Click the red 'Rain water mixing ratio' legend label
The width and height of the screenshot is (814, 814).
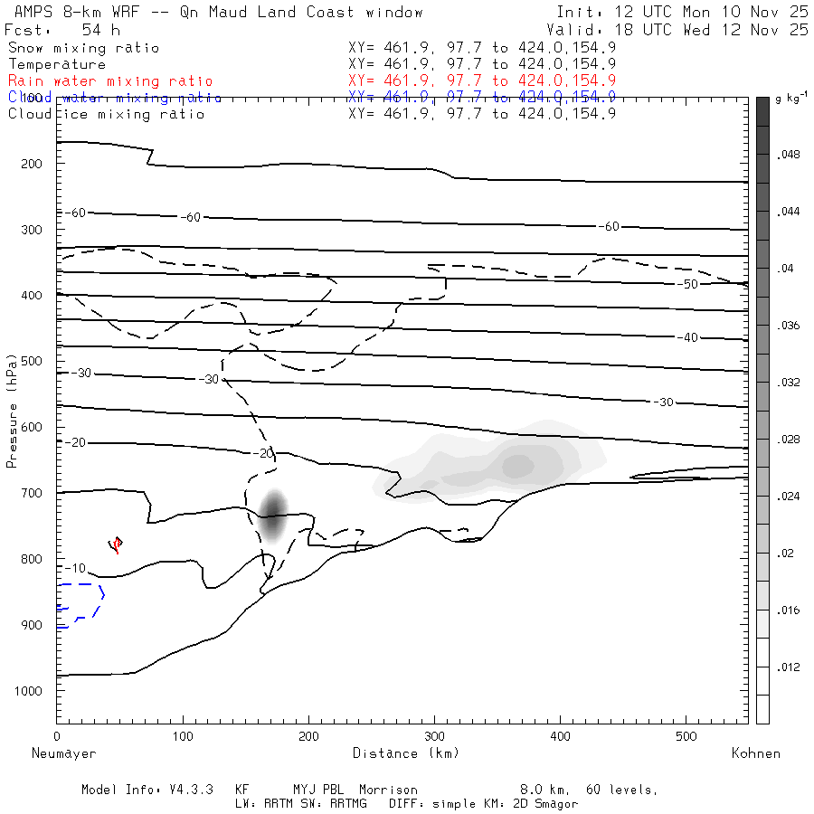(x=110, y=81)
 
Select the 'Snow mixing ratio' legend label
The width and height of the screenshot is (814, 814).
(x=84, y=48)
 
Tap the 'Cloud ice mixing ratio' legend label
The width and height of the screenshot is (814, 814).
(x=107, y=114)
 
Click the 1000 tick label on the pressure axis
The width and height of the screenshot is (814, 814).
(x=32, y=691)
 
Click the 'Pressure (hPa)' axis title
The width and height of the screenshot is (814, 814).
(x=12, y=423)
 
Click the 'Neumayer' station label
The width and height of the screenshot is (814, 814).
(x=64, y=752)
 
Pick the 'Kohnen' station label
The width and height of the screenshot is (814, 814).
(x=756, y=752)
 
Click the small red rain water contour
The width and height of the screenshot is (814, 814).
(x=115, y=544)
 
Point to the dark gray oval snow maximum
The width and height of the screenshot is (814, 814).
(x=272, y=515)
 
